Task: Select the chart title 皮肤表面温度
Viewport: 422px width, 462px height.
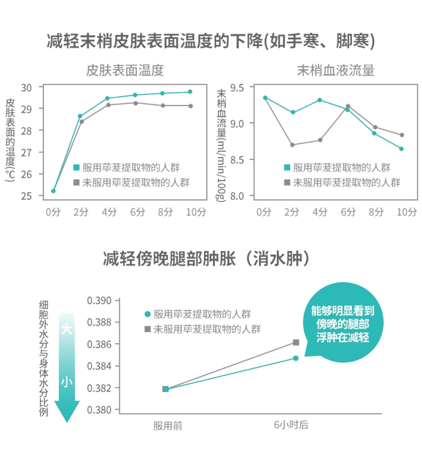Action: (x=125, y=70)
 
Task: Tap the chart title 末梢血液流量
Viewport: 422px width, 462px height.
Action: (x=335, y=70)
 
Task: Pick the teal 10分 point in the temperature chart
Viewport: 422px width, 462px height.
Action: (x=190, y=92)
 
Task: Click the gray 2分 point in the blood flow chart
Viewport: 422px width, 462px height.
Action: (x=292, y=145)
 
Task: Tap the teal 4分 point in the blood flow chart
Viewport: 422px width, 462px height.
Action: (x=320, y=100)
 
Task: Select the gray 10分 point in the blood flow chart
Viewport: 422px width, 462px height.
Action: (x=402, y=135)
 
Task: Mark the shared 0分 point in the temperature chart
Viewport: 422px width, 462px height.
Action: (x=53, y=191)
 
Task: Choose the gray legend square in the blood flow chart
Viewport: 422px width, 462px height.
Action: (x=287, y=182)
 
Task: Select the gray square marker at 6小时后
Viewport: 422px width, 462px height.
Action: (x=296, y=342)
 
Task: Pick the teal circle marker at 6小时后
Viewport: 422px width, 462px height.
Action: (x=296, y=358)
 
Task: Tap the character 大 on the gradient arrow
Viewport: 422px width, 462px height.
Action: (x=67, y=330)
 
